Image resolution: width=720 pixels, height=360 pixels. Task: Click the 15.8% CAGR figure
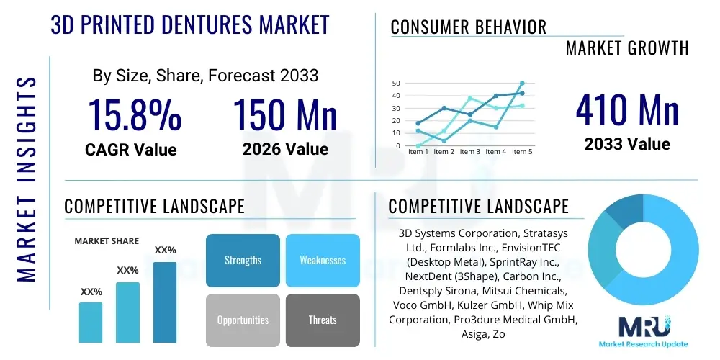(x=134, y=114)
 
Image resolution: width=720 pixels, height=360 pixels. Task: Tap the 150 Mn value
(x=285, y=114)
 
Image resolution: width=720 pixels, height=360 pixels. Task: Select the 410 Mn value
(x=627, y=110)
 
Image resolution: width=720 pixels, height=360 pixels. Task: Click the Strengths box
(x=243, y=260)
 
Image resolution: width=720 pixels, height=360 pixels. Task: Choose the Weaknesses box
(x=323, y=260)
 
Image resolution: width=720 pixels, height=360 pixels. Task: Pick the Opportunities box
(x=243, y=320)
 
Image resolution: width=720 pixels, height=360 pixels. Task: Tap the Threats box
(x=323, y=320)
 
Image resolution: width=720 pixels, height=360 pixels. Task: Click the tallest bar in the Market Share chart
(x=165, y=302)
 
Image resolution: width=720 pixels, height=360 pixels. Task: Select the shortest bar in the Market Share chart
(x=91, y=322)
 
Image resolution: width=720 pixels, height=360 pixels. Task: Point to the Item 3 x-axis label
(x=469, y=152)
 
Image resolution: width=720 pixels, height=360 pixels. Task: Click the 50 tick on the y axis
(x=395, y=84)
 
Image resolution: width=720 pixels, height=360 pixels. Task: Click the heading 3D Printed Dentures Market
(x=190, y=24)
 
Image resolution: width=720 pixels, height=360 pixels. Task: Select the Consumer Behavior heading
(x=469, y=27)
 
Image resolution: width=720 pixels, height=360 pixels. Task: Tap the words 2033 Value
(x=627, y=144)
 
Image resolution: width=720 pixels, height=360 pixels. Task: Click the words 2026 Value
(x=285, y=149)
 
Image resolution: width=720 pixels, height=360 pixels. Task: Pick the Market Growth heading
(x=627, y=48)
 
